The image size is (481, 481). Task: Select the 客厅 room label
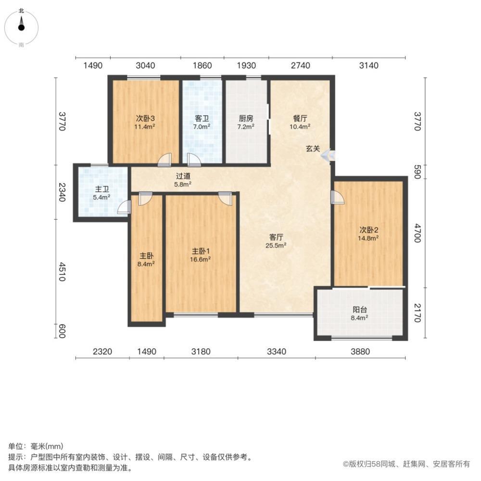click(x=276, y=237)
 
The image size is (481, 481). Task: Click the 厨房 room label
click(x=246, y=118)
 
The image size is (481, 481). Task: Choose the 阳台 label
click(x=360, y=310)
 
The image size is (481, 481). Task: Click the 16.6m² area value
click(x=201, y=259)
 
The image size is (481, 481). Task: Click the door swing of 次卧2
click(x=337, y=198)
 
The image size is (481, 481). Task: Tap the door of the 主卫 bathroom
click(x=125, y=207)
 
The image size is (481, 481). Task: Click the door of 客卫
click(x=194, y=160)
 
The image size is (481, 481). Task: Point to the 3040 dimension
click(x=145, y=65)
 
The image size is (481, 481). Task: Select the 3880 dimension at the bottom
click(x=360, y=352)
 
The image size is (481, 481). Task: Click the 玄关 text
click(x=313, y=149)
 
